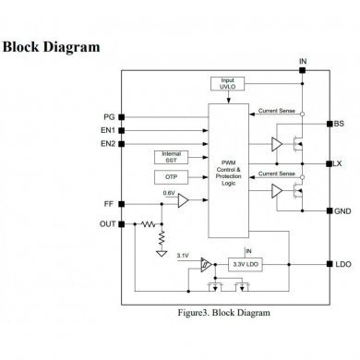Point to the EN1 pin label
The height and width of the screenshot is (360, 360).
pos(108,131)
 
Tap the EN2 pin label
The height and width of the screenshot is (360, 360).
pos(108,145)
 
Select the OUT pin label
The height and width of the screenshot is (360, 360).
pos(107,224)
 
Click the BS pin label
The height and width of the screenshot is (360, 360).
pos(338,123)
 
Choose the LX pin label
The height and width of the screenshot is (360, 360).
pos(338,163)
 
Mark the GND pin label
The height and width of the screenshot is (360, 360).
pos(342,210)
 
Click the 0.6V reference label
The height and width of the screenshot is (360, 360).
pos(168,192)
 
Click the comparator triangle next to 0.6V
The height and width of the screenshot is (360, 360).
pos(184,201)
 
